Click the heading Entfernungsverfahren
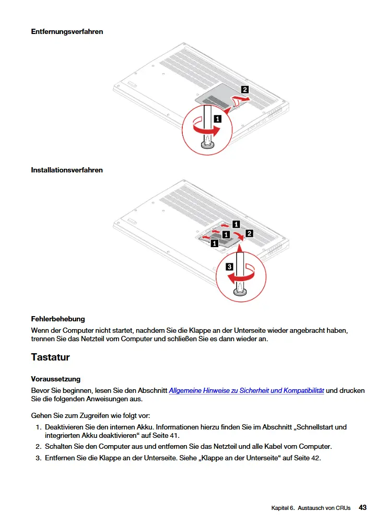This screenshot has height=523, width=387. click(67, 31)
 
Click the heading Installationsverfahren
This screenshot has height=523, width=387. click(67, 170)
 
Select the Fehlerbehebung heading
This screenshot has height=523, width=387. click(58, 319)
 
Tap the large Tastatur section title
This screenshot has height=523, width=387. click(50, 357)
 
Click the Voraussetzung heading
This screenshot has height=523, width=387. click(56, 379)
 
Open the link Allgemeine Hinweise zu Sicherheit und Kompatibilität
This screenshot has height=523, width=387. click(247, 390)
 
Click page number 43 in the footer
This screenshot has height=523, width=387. click(362, 507)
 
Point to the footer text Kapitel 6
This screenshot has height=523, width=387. click(283, 508)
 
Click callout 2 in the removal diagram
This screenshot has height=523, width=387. click(244, 89)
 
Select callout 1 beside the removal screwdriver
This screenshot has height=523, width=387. click(217, 119)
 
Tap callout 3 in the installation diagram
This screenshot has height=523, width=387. click(230, 267)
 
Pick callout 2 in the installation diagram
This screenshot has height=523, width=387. click(249, 234)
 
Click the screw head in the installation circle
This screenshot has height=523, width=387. click(239, 293)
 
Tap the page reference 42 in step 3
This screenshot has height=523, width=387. click(316, 458)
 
